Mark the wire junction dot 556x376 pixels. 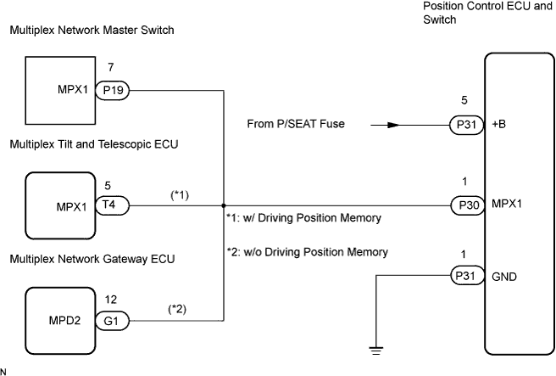tap(223, 205)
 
